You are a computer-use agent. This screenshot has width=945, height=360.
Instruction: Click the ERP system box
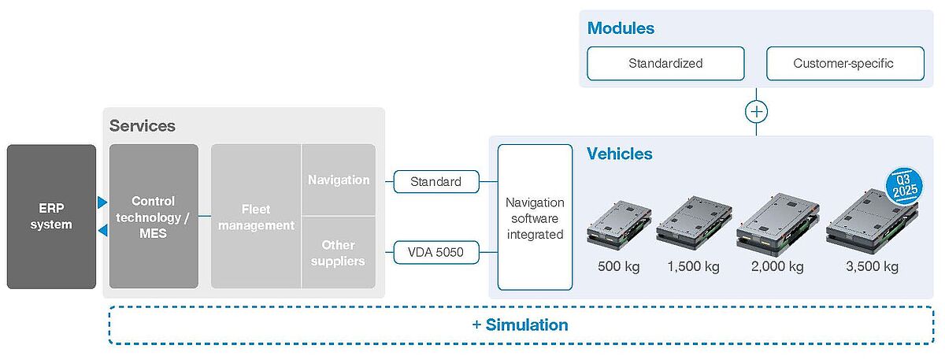click(51, 216)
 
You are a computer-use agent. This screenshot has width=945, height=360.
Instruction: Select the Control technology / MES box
click(154, 216)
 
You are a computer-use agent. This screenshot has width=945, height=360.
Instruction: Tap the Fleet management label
click(256, 217)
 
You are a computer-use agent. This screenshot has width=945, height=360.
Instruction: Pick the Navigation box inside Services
click(339, 180)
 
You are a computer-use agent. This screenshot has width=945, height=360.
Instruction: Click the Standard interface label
click(435, 182)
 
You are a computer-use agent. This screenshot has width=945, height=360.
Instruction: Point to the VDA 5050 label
click(435, 254)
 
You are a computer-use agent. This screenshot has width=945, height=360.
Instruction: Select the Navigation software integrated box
click(535, 217)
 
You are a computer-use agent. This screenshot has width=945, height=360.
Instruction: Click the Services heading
click(143, 126)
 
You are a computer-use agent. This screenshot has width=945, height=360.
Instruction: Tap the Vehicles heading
click(620, 154)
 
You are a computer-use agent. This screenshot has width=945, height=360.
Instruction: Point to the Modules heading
click(621, 28)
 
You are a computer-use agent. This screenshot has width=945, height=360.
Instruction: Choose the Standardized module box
click(665, 63)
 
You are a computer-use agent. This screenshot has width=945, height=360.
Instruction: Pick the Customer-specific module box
click(844, 63)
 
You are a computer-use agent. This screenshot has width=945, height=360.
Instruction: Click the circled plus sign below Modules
click(756, 112)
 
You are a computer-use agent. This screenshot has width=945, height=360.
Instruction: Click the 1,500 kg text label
click(693, 266)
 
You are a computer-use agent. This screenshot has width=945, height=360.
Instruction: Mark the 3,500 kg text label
click(872, 266)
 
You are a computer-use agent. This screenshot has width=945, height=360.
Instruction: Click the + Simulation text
click(520, 325)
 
